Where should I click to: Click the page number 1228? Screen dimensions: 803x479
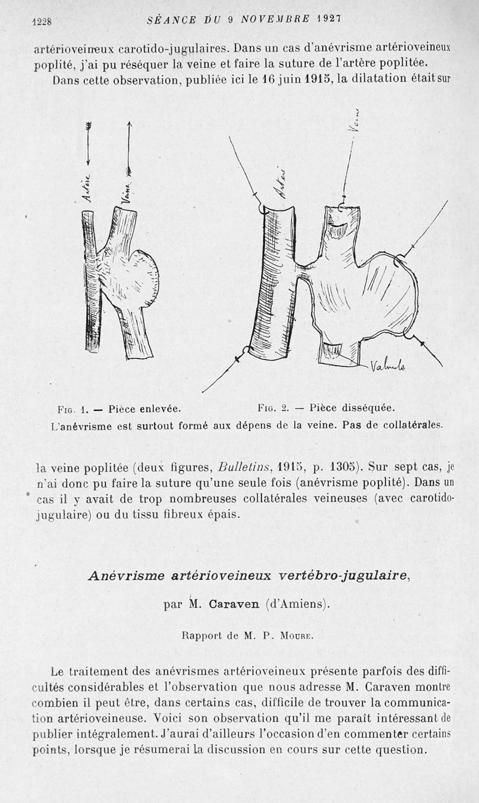42,22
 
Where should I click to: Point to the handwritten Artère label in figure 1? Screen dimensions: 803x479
87,188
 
